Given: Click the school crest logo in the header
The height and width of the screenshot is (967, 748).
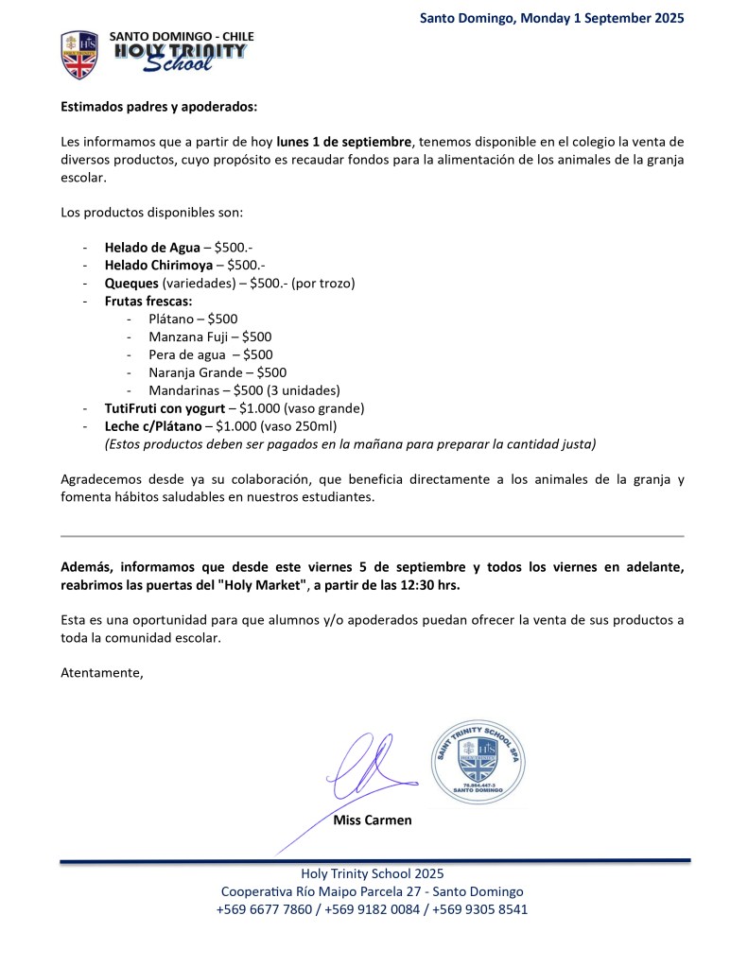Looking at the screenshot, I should (79, 55).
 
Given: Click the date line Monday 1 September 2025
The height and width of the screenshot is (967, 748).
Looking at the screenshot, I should (551, 17).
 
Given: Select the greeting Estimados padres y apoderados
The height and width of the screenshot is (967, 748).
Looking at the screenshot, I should (158, 108).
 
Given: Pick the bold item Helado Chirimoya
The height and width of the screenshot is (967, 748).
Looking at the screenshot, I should (158, 265).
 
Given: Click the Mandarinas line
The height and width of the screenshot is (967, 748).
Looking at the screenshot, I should (244, 390).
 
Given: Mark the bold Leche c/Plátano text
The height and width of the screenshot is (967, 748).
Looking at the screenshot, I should (152, 426).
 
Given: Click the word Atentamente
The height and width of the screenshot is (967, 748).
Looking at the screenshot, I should (102, 673).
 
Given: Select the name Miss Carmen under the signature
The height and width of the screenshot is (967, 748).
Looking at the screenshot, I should (373, 820).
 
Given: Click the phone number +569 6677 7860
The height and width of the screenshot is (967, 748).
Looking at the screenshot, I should (264, 909).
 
